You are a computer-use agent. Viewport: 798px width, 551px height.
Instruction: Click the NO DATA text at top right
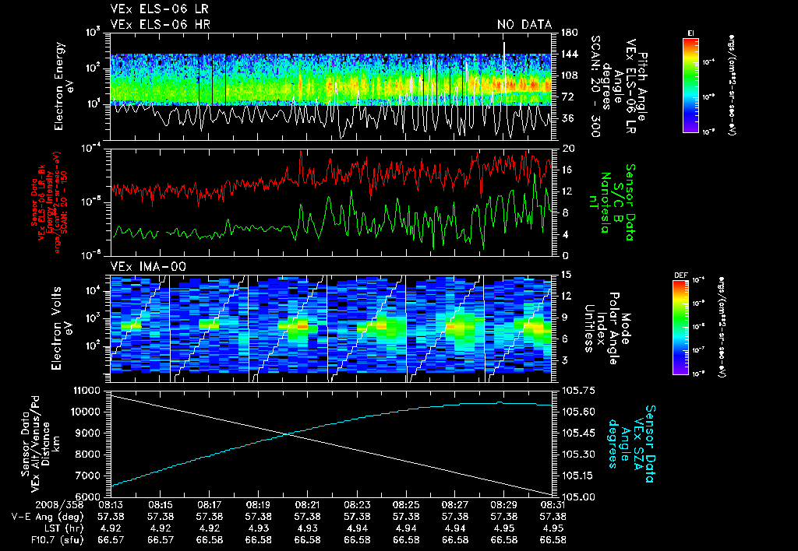click(x=524, y=25)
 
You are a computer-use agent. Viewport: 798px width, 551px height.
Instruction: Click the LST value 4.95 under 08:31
click(x=553, y=528)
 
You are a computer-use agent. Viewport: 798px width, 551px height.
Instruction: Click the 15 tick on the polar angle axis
click(x=567, y=274)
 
